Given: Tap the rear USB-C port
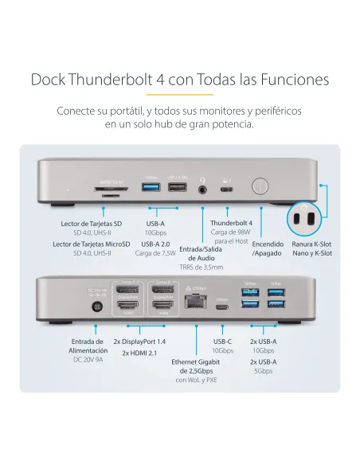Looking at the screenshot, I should [x=223, y=308].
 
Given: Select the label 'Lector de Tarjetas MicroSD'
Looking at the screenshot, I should [x=92, y=244].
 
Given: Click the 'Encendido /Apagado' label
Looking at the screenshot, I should [x=268, y=248].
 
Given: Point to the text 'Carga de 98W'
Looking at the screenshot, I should [x=231, y=232].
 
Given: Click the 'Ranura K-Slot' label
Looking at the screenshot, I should [x=311, y=244].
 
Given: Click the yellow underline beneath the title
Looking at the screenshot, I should [x=180, y=94].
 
